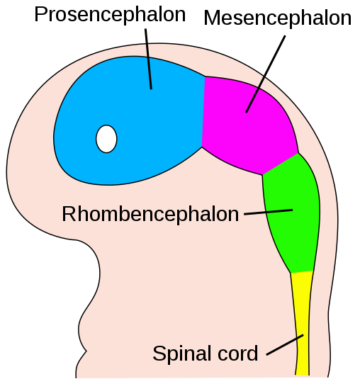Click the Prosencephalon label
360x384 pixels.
[x=110, y=15]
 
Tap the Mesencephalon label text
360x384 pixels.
[x=278, y=18]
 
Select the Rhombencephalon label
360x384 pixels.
[x=150, y=215]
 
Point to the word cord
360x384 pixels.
[x=238, y=353]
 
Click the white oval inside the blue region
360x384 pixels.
[x=106, y=139]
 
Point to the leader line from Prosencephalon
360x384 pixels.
[x=148, y=59]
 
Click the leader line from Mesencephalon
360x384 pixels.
[x=266, y=74]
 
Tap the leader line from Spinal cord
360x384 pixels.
[x=285, y=345]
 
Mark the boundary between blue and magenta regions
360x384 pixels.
[x=203, y=112]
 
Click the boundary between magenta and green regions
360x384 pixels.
[x=281, y=164]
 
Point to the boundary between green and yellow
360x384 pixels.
[x=302, y=272]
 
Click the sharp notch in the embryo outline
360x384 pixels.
[x=86, y=351]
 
